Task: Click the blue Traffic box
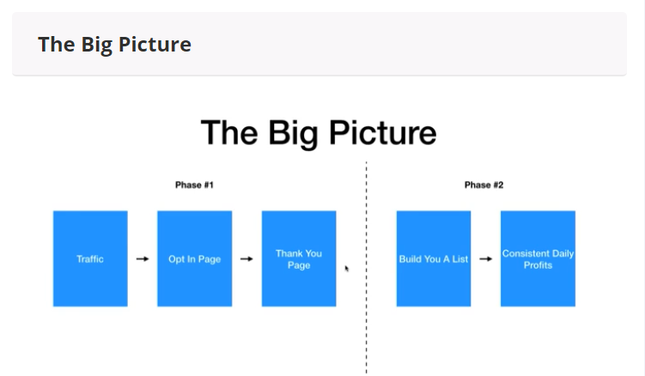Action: (x=90, y=258)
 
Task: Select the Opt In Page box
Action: (x=195, y=258)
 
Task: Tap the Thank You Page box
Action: (x=299, y=258)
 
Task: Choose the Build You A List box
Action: (x=434, y=258)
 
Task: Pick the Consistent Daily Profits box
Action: (x=538, y=258)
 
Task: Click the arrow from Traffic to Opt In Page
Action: (x=143, y=258)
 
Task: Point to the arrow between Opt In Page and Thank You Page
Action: (x=246, y=258)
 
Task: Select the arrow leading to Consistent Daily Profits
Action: (x=486, y=258)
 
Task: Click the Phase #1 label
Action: (x=195, y=185)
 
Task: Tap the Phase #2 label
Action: (x=484, y=185)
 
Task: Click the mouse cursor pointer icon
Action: (x=347, y=269)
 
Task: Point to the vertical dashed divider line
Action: (x=366, y=267)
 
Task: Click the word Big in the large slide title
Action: (x=293, y=134)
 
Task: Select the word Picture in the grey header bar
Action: (x=155, y=44)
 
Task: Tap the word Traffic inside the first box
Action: (x=90, y=259)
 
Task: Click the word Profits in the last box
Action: (x=538, y=265)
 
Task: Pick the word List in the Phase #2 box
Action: (x=460, y=259)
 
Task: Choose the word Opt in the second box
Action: (x=176, y=259)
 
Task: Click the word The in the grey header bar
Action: (x=57, y=44)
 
